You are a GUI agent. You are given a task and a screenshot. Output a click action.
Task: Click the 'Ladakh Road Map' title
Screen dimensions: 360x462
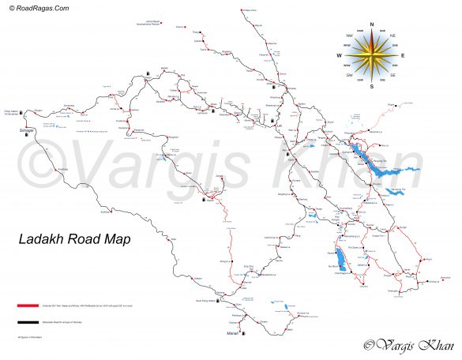click(74, 238)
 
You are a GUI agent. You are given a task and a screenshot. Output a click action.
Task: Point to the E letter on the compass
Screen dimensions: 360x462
click(403, 55)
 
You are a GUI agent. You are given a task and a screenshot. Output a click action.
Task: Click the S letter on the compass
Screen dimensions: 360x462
click(370, 86)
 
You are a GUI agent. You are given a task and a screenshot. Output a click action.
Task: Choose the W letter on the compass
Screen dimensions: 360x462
click(339, 56)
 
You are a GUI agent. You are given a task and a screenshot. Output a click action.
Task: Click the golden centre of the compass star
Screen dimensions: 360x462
click(370, 55)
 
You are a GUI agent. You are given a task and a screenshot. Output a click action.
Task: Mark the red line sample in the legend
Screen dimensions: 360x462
click(27, 304)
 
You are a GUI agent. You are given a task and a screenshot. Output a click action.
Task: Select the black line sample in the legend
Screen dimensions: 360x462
click(27, 322)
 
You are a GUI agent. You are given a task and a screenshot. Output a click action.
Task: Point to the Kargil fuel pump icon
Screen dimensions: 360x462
click(148, 73)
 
